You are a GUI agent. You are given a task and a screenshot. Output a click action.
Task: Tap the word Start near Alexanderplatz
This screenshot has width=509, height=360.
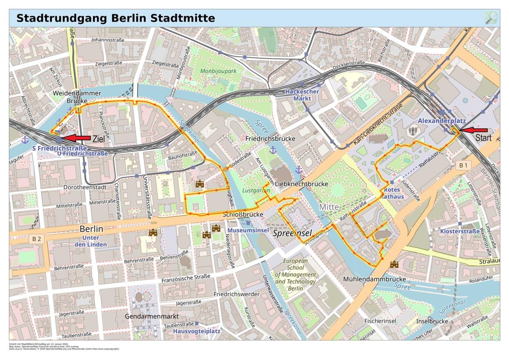point(483,138)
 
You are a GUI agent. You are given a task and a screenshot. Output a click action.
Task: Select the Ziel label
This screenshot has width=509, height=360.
point(98,139)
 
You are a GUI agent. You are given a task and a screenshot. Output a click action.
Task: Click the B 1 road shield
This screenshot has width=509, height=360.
point(463,165)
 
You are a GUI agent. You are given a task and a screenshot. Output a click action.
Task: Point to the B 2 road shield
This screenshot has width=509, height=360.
point(37,239)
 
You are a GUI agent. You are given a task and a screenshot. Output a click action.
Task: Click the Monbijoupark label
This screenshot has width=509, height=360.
point(218,71)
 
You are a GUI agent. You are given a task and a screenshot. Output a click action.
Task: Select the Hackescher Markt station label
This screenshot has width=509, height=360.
point(302,95)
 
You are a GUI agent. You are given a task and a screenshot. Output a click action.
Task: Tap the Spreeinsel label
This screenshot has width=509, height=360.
point(292,233)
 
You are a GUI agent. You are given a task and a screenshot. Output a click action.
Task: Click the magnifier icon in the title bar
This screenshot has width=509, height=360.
point(491,18)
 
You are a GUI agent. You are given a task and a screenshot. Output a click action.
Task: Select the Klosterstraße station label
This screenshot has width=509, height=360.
point(459,231)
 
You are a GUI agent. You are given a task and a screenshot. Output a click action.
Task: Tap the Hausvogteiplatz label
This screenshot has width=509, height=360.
point(196,331)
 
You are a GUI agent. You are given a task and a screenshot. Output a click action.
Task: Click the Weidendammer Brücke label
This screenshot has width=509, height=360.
point(77,97)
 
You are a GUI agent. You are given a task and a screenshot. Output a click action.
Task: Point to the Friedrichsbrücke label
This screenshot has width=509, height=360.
point(270,139)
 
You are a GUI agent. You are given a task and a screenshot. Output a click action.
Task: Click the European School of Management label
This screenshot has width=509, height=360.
point(296,275)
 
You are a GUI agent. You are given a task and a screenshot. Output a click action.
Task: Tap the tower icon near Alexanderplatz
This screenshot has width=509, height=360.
point(413,131)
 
